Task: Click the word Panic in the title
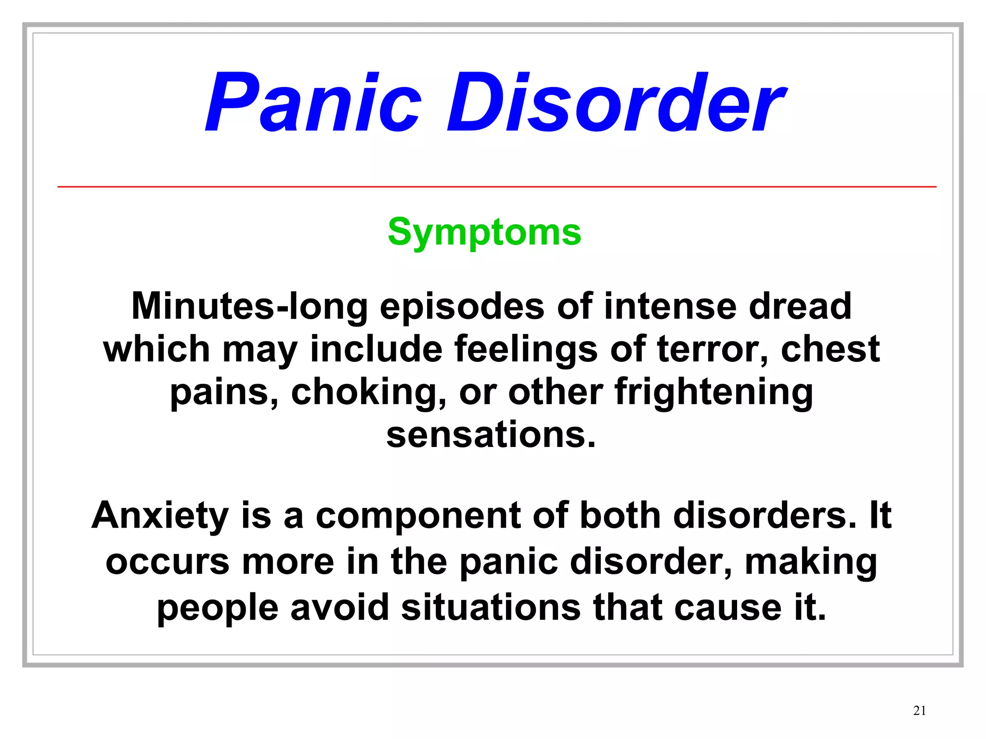(313, 102)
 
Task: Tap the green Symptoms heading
(484, 232)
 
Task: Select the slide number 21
(919, 711)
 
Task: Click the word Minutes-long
(249, 306)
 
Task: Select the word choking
(368, 393)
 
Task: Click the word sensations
(491, 435)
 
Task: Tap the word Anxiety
(160, 516)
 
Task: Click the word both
(620, 516)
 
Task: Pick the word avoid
(339, 607)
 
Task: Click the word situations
(491, 607)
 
